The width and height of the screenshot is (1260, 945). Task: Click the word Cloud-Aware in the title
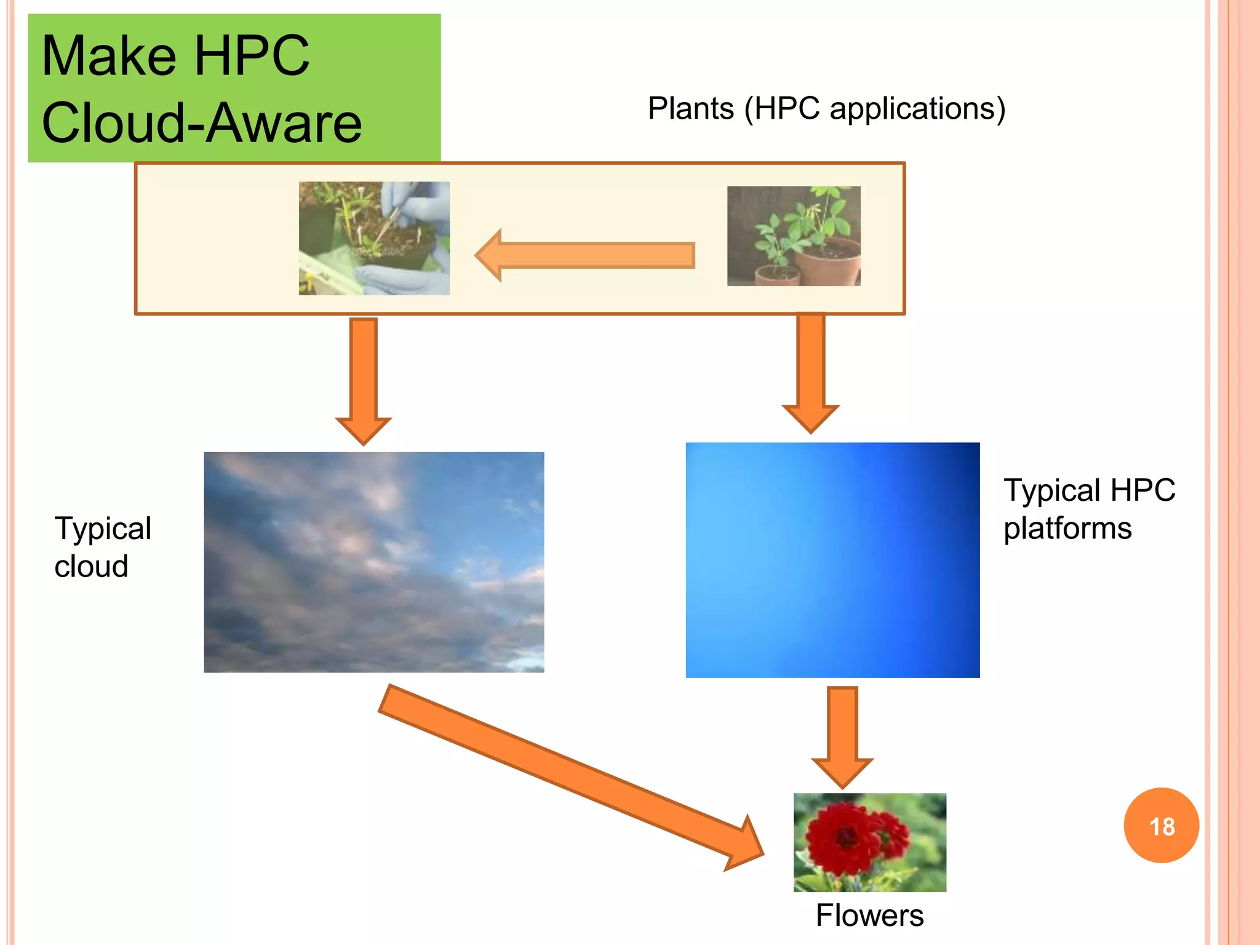point(202,123)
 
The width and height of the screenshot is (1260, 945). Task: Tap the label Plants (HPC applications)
point(826,109)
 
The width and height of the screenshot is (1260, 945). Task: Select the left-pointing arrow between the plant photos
point(584,255)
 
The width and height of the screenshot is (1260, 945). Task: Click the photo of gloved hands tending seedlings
point(374,238)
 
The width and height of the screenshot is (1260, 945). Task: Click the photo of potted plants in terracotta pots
point(794,236)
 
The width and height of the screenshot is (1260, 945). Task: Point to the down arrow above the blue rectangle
point(810,372)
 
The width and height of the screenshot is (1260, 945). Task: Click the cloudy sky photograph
point(374,562)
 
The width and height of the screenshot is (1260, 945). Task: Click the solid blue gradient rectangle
point(832,560)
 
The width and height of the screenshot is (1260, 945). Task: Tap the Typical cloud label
point(103,547)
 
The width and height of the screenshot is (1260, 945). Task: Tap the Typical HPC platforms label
point(1089,509)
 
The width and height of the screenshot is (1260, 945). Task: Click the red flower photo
point(869,842)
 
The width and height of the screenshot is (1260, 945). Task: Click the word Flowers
point(869,915)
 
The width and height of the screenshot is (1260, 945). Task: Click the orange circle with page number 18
point(1161,826)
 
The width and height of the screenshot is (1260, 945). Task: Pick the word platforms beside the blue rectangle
point(1067,528)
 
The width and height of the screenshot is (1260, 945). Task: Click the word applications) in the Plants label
point(917,109)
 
